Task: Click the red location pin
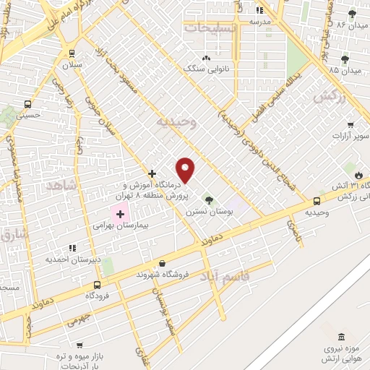coord(186,170)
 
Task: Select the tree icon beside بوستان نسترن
coord(208,200)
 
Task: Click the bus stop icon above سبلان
coord(72,53)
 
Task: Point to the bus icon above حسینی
coord(28,103)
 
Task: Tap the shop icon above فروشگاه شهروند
coord(161,264)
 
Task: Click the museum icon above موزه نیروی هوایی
coord(340,336)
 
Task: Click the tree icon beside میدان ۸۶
coord(352,14)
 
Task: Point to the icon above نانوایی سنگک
coord(206,58)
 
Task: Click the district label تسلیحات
coord(210,27)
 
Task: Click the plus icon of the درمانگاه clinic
coord(152,173)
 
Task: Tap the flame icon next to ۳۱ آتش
coord(358,174)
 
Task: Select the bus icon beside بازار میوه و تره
coord(79,346)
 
